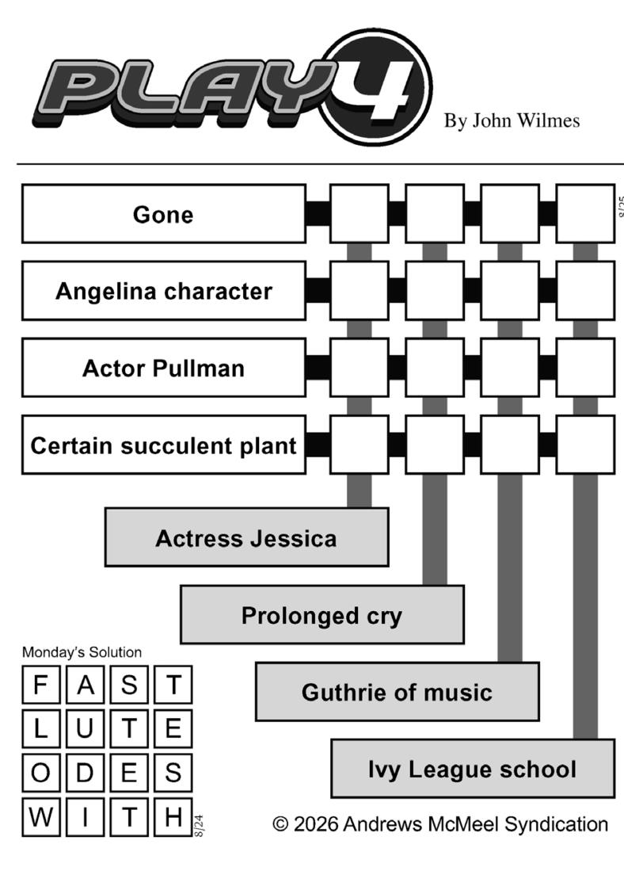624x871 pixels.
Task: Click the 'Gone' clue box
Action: point(164,214)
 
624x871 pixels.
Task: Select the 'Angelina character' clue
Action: point(164,291)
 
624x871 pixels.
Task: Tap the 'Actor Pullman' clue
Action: point(164,368)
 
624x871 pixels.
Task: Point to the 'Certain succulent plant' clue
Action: point(164,445)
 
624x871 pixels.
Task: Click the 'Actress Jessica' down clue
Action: point(246,537)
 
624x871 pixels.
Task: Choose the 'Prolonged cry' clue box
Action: point(322,615)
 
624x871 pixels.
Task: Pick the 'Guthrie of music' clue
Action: point(397,692)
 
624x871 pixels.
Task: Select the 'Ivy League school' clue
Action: point(473,769)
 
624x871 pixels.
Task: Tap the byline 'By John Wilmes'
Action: point(512,120)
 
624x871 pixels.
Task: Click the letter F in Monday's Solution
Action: point(40,685)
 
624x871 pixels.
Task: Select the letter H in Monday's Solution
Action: point(173,817)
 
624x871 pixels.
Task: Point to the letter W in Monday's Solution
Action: point(40,817)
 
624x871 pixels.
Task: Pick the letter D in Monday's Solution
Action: point(85,773)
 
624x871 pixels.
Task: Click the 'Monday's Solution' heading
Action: point(82,652)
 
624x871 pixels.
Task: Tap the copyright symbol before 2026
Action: point(280,823)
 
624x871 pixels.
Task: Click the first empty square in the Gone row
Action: point(360,214)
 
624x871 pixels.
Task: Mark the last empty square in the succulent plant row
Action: point(585,445)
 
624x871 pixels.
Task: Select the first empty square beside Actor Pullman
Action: point(360,368)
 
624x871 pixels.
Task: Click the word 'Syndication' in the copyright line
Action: point(556,824)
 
